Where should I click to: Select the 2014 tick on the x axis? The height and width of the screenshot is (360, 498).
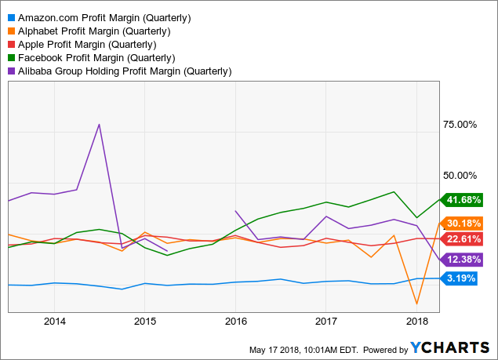pyautogui.click(x=54, y=321)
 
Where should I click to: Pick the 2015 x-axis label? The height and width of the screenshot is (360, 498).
pyautogui.click(x=145, y=321)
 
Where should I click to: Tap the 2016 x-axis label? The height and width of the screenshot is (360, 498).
pyautogui.click(x=236, y=321)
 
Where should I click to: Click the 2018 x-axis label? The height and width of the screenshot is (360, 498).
pyautogui.click(x=417, y=321)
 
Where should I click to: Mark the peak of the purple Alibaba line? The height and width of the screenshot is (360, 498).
pyautogui.click(x=99, y=124)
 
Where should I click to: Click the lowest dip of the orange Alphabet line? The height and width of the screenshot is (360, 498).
pyautogui.click(x=416, y=304)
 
